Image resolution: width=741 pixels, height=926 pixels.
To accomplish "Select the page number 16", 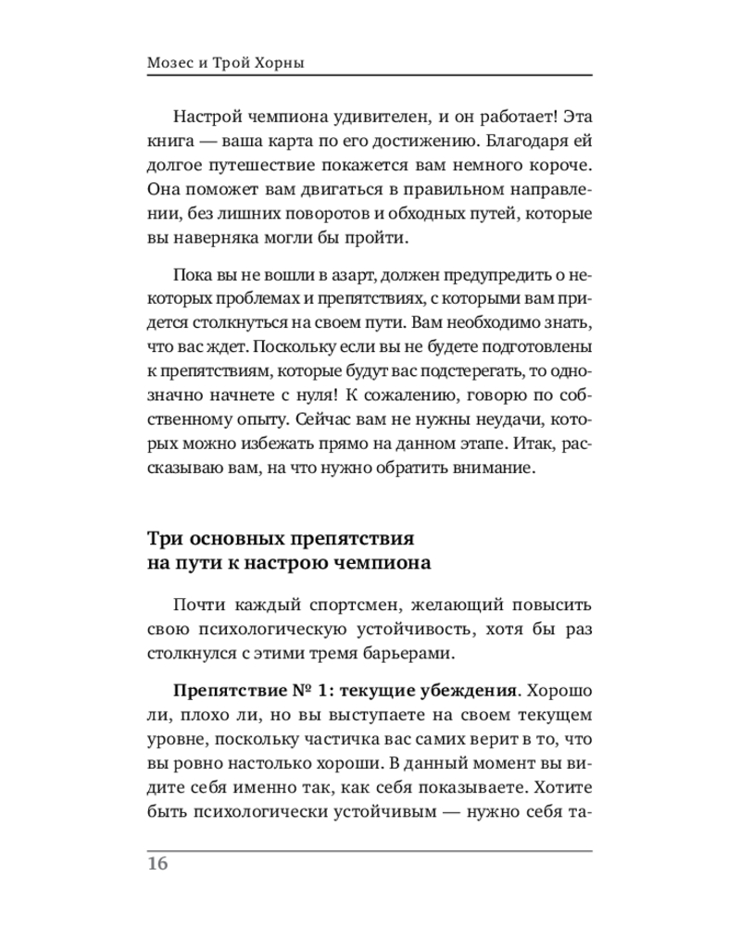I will coord(157,864).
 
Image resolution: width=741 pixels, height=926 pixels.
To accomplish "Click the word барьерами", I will coord(408,653).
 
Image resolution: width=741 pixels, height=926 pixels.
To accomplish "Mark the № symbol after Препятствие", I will coord(277,694).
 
